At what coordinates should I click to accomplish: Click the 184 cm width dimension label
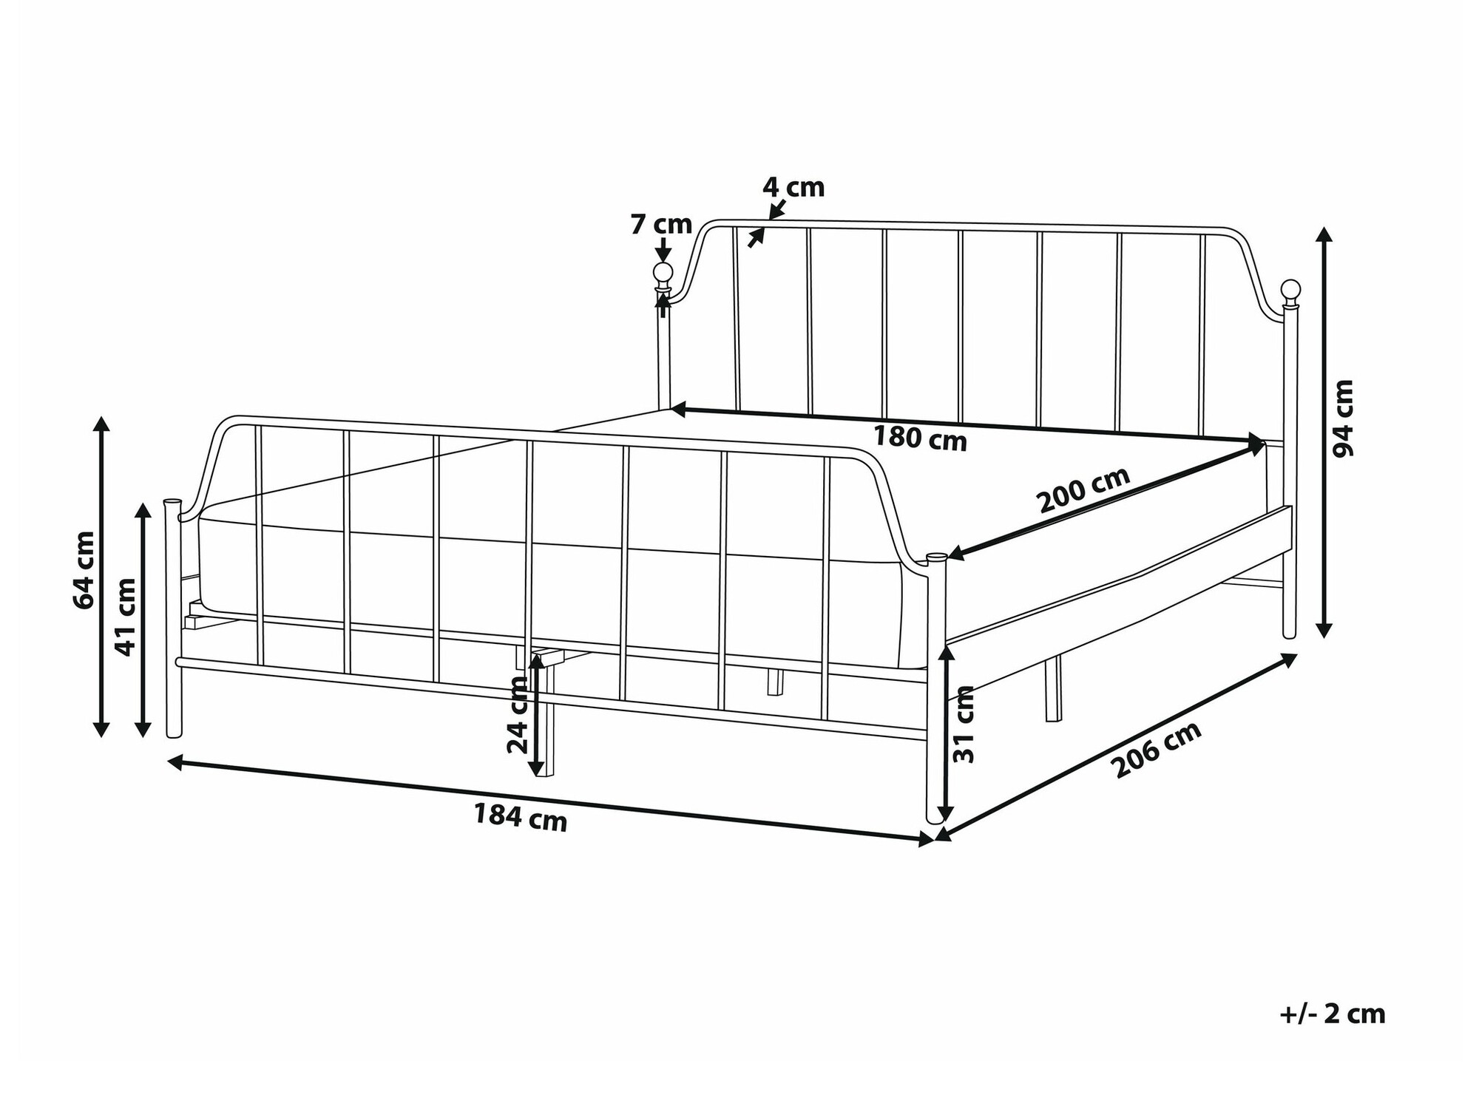pyautogui.click(x=520, y=818)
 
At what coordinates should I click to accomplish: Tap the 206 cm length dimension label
pyautogui.click(x=1158, y=750)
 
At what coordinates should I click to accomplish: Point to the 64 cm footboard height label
pyautogui.click(x=84, y=570)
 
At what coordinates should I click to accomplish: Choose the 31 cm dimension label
pyautogui.click(x=964, y=725)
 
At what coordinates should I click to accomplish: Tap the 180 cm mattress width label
pyautogui.click(x=920, y=438)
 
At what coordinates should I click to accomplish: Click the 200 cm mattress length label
pyautogui.click(x=1084, y=490)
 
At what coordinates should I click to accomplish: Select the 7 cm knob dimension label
pyautogui.click(x=661, y=224)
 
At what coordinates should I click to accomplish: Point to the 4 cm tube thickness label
pyautogui.click(x=793, y=187)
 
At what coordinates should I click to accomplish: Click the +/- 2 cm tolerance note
pyautogui.click(x=1333, y=1014)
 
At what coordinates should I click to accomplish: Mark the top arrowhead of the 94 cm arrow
pyautogui.click(x=1324, y=236)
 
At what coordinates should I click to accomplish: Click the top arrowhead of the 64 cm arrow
pyautogui.click(x=102, y=424)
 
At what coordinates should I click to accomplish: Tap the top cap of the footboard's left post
pyautogui.click(x=171, y=503)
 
